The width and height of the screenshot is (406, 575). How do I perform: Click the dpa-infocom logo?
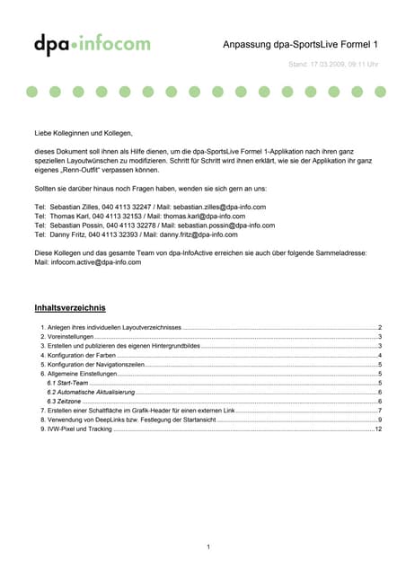92,43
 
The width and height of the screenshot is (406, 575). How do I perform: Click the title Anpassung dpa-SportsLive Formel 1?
300,44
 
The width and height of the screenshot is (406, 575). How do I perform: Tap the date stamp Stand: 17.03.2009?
333,65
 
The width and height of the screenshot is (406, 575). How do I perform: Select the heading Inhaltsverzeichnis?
70,307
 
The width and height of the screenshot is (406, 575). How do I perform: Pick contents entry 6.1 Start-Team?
66,383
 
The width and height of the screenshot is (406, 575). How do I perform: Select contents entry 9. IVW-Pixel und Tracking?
76,429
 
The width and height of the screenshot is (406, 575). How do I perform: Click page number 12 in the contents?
378,429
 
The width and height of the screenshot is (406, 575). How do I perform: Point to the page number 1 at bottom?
207,546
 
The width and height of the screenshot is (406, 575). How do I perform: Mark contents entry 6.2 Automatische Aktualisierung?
91,393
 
